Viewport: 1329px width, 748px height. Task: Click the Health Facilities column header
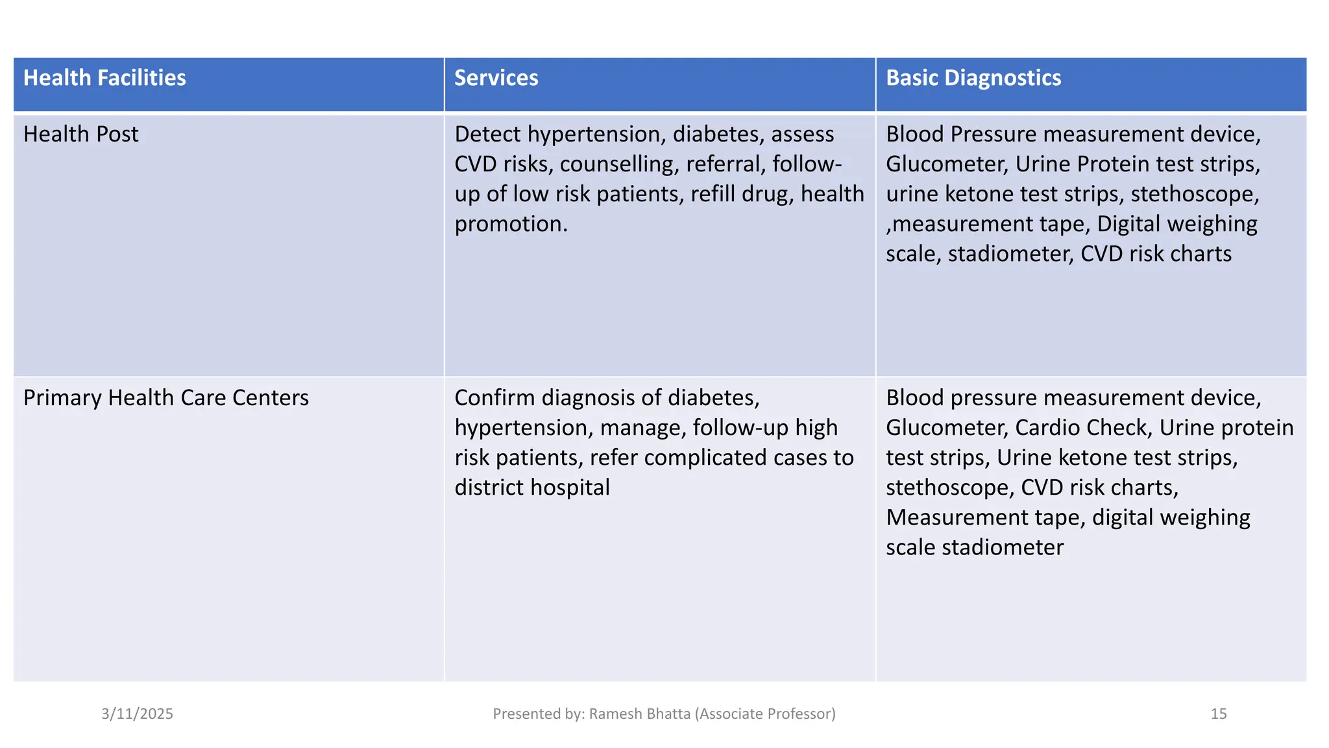coord(104,78)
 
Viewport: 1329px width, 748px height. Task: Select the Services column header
coord(496,78)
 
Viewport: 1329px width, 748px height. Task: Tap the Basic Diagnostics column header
coord(973,78)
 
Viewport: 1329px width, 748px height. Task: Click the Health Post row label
coord(80,134)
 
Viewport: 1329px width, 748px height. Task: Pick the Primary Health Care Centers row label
coord(165,398)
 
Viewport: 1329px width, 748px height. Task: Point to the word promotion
coord(510,224)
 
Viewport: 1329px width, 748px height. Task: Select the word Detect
coord(487,134)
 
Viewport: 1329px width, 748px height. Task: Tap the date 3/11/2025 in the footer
coord(137,714)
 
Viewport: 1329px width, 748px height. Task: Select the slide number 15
coord(1218,714)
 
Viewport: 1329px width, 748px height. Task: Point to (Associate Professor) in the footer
coord(765,714)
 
